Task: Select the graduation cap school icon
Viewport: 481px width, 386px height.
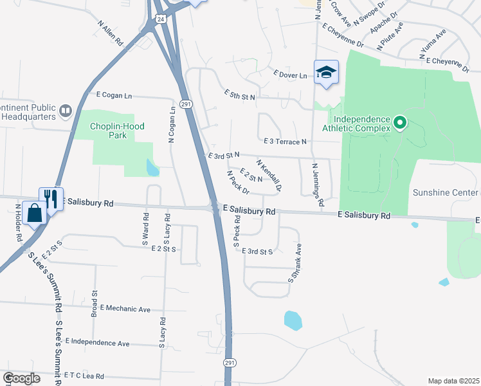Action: (x=326, y=72)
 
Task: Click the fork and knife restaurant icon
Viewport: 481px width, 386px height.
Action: (x=50, y=198)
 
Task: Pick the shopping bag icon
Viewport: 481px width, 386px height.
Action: (x=33, y=212)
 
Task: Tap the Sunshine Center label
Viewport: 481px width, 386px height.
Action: (x=445, y=192)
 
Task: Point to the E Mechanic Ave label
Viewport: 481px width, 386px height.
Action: (x=125, y=309)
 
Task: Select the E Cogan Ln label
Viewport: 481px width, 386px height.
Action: (x=114, y=95)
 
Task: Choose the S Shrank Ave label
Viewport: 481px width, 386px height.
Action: (x=294, y=262)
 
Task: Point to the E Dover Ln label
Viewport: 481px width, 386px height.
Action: (x=290, y=75)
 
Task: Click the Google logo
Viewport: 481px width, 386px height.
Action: (x=21, y=378)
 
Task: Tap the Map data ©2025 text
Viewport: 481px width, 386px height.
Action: (x=453, y=381)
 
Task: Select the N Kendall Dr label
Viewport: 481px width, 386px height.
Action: (x=269, y=176)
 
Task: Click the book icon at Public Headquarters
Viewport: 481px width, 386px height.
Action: (x=65, y=112)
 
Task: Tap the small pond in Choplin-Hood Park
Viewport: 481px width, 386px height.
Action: (x=152, y=168)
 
